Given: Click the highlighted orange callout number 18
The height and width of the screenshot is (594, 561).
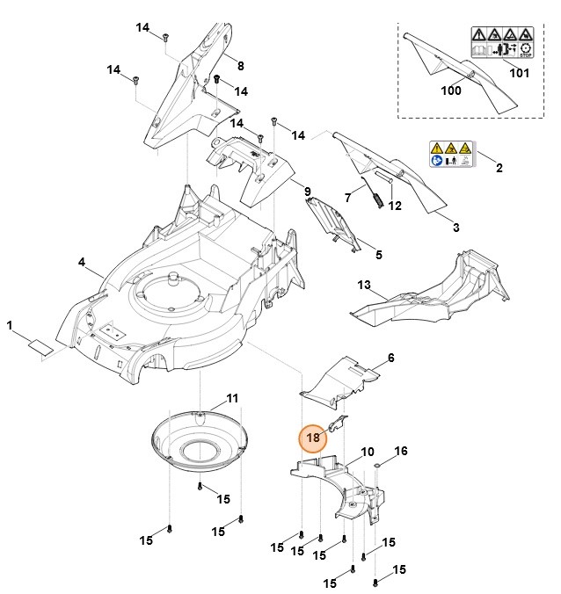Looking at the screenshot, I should point(310,437).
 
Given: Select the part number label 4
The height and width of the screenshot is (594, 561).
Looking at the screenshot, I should point(82,262).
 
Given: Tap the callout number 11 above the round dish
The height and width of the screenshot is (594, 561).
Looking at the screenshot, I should point(231,398).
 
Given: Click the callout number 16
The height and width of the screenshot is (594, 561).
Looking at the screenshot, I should point(401,451).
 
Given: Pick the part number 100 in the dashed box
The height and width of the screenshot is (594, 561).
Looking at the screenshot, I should point(450,91).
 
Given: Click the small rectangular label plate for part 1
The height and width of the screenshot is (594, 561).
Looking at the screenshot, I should point(40,345).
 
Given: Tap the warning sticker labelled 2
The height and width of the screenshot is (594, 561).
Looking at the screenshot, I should point(449,154).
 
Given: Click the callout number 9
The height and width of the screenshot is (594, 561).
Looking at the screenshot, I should point(307,192).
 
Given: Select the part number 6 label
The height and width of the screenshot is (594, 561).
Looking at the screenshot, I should point(391,358).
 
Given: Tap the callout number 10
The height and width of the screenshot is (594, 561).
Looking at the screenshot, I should point(368,451).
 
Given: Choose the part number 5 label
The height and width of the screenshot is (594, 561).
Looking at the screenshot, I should point(379,255).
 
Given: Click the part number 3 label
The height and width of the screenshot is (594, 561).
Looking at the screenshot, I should point(455,228).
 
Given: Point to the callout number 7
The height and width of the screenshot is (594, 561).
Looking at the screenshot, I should point(348,197).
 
